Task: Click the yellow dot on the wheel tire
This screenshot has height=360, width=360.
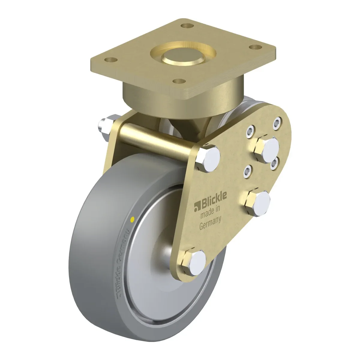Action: point(133,219)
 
